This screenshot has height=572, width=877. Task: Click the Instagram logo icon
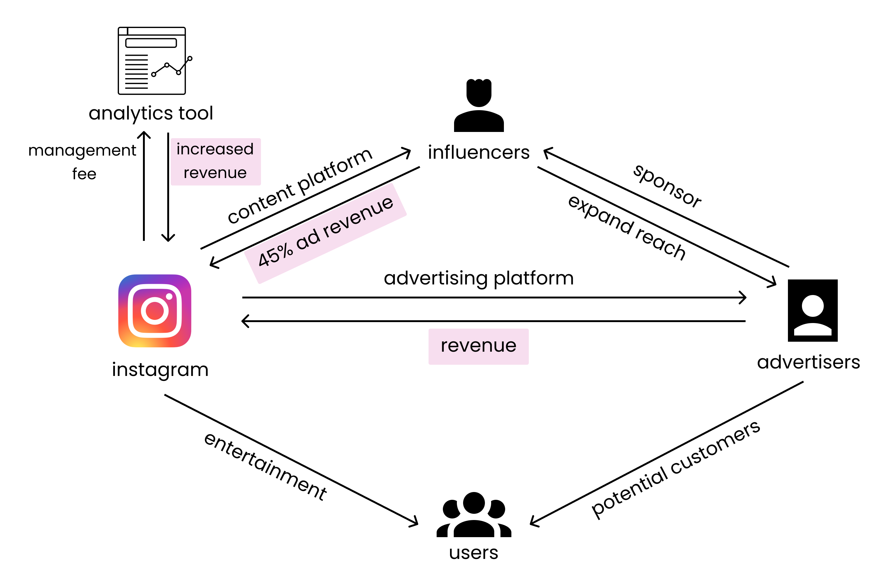[x=154, y=311]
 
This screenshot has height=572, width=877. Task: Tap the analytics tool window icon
[x=151, y=61]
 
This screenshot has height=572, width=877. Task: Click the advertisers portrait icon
[x=812, y=310]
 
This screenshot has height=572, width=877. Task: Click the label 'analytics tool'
[x=151, y=113]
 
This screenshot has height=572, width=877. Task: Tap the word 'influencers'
[x=478, y=152]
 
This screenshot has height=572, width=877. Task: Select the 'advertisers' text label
[x=808, y=362]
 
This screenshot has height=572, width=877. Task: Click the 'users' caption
[x=473, y=552]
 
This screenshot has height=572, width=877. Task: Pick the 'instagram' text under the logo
[x=160, y=369]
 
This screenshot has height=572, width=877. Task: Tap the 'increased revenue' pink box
[x=215, y=161]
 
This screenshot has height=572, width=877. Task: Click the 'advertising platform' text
[x=478, y=278]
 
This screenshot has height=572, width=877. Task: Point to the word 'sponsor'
[x=667, y=186]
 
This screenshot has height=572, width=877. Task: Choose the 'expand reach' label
[x=626, y=227]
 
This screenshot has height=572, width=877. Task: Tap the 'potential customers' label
[x=675, y=469]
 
